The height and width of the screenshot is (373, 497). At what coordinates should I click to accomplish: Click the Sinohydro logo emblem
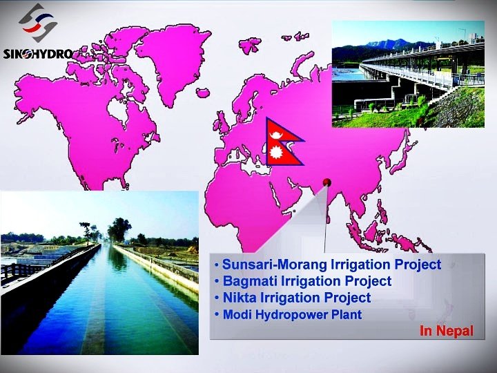click(x=38, y=23)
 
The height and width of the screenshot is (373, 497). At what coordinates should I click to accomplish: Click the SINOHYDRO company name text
click(x=37, y=54)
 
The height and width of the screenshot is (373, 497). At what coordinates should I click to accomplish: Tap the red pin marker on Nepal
click(x=327, y=182)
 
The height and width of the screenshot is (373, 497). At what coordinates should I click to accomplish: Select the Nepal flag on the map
click(x=284, y=142)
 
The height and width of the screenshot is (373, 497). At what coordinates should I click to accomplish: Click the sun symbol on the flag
click(x=276, y=153)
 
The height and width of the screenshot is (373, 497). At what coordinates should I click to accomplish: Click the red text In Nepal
click(x=447, y=331)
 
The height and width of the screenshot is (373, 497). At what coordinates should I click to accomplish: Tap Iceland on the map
click(x=203, y=93)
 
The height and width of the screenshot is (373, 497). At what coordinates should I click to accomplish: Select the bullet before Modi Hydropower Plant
click(x=217, y=315)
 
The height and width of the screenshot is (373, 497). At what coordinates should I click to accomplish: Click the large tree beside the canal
click(x=119, y=229)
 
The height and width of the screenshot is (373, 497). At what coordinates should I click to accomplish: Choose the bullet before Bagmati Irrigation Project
click(x=217, y=281)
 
